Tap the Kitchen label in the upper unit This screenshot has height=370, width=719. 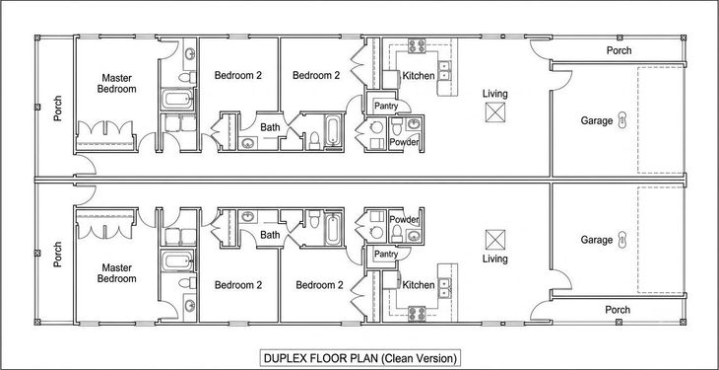coord(419,76)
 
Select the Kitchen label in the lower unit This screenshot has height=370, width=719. coord(419,285)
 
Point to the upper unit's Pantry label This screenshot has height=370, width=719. coord(386,107)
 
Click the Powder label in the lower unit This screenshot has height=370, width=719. coord(404,220)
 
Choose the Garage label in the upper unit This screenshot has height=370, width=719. coord(597,121)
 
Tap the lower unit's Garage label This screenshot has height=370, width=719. coord(597,240)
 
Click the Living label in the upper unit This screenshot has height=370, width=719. coord(494,94)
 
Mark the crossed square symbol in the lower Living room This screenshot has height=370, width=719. coord(495,240)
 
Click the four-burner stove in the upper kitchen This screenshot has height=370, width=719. coord(417,46)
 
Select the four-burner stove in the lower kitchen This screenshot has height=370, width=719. coord(417,314)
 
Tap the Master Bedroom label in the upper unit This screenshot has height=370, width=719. coord(117,83)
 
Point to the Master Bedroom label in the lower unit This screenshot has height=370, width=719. coord(117,273)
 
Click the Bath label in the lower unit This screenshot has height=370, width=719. coord(270,235)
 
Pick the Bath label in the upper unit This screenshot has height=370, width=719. coord(270,127)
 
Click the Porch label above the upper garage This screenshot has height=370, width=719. coord(620,50)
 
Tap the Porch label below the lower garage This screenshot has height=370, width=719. coord(618,310)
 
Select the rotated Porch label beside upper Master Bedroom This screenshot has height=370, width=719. coord(57,108)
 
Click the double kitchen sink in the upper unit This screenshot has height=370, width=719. coord(444,70)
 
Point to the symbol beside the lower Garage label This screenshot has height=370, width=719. coord(621,240)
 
